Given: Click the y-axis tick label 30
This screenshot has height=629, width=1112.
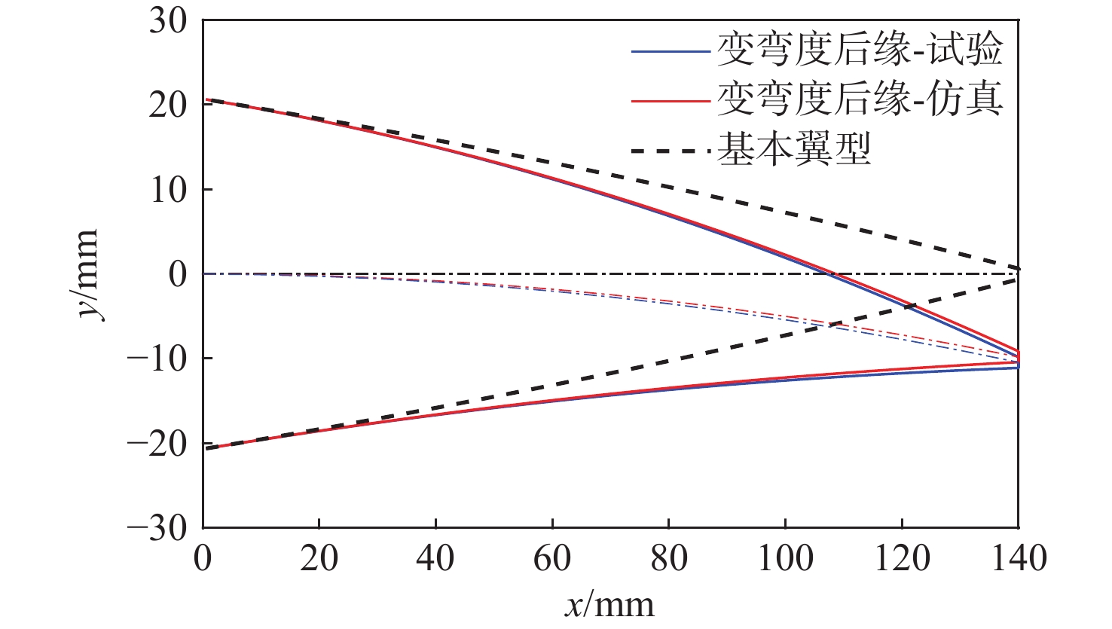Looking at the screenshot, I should click(167, 21).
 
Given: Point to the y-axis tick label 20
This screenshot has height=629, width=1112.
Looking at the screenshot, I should click(167, 105).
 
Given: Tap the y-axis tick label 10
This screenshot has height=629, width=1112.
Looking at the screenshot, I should click(167, 190).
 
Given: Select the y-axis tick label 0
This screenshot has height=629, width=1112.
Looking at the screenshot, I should click(178, 274).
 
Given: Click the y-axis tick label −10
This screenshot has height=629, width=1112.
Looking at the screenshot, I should click(157, 359).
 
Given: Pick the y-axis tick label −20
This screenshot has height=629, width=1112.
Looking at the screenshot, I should click(157, 443).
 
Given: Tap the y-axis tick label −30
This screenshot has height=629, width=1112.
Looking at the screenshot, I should click(157, 527).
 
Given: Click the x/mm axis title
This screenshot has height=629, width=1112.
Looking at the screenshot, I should click(609, 605).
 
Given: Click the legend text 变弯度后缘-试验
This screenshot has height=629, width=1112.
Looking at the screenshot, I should click(860, 51).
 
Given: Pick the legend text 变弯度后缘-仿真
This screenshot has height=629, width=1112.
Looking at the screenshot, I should click(860, 99).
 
